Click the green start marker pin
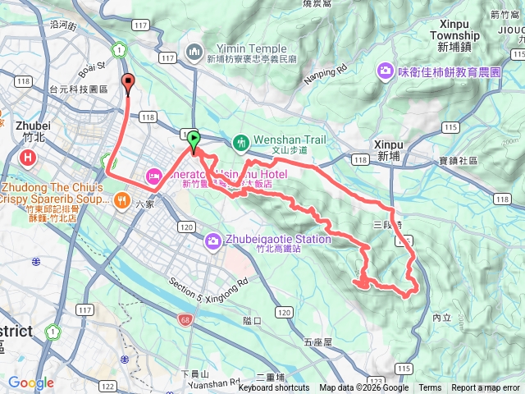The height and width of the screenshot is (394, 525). [x=194, y=140]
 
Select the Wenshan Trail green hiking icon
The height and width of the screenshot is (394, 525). [x=240, y=142]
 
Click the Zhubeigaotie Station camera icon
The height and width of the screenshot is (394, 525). [x=213, y=240]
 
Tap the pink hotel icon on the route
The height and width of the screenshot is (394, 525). [x=153, y=175]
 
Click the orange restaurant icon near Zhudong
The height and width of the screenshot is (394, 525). [x=122, y=199]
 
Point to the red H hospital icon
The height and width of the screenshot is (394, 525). [x=29, y=157]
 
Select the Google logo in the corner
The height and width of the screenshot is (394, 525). [x=31, y=383]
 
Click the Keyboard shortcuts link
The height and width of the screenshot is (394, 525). [x=274, y=388]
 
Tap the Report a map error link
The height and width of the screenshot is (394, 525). [x=486, y=388]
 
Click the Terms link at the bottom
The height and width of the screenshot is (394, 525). [x=430, y=388]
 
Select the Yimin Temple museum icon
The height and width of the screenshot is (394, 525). [x=194, y=53]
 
